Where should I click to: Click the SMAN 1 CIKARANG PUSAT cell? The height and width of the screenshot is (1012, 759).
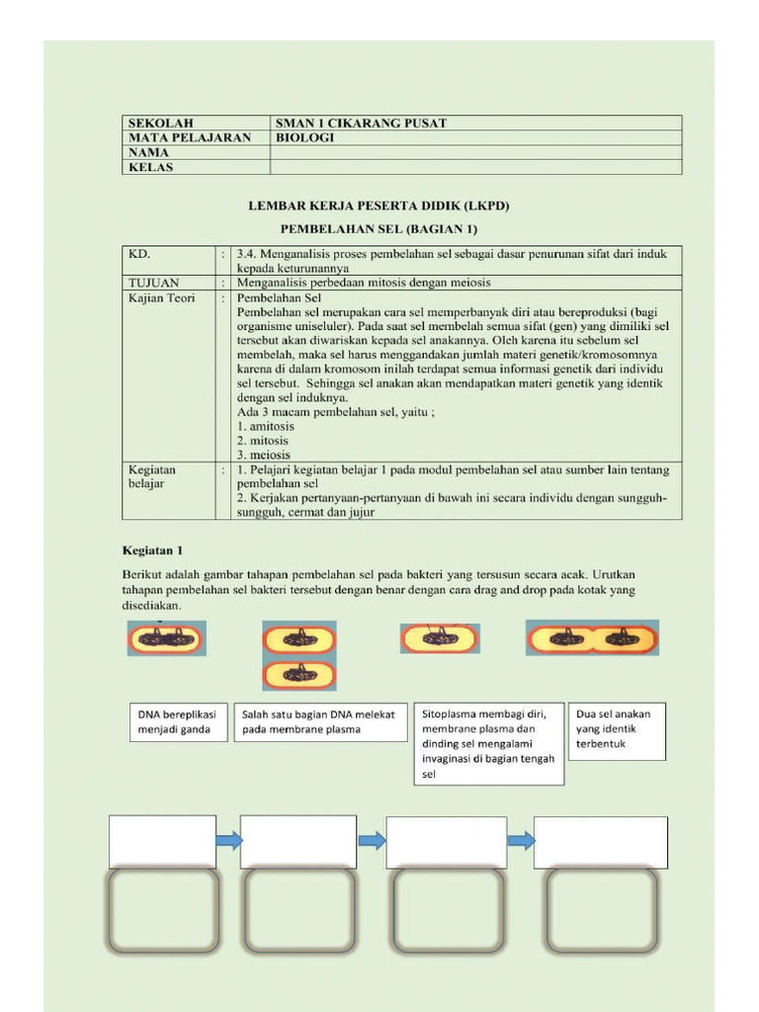point(362,124)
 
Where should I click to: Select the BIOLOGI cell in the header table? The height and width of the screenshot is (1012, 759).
point(305,138)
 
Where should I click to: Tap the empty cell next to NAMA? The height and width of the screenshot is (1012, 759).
point(475,153)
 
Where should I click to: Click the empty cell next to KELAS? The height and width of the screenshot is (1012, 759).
point(475,168)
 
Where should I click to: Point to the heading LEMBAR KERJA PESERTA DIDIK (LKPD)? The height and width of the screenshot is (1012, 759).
point(378,207)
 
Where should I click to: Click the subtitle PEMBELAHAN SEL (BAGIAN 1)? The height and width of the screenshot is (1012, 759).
point(378,229)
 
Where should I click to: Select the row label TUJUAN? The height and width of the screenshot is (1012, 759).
point(154,283)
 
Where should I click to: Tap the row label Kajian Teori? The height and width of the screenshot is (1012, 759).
point(162,297)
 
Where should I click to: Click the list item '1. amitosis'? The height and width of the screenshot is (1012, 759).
point(266,426)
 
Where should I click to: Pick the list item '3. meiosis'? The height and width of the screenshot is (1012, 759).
point(264,455)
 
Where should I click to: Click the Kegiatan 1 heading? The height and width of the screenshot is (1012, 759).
point(153,550)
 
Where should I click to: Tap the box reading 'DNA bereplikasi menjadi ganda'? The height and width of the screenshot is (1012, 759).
point(178,721)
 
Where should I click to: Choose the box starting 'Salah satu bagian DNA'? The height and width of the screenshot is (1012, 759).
point(320,721)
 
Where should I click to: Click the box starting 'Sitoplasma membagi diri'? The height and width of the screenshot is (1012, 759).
point(489,743)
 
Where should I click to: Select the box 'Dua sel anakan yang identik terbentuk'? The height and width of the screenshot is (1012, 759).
point(617,730)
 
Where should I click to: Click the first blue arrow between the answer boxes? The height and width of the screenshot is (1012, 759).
point(228,841)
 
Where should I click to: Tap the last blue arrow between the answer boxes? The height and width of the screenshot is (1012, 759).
point(521,841)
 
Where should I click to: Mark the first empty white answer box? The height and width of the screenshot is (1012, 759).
point(162,842)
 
